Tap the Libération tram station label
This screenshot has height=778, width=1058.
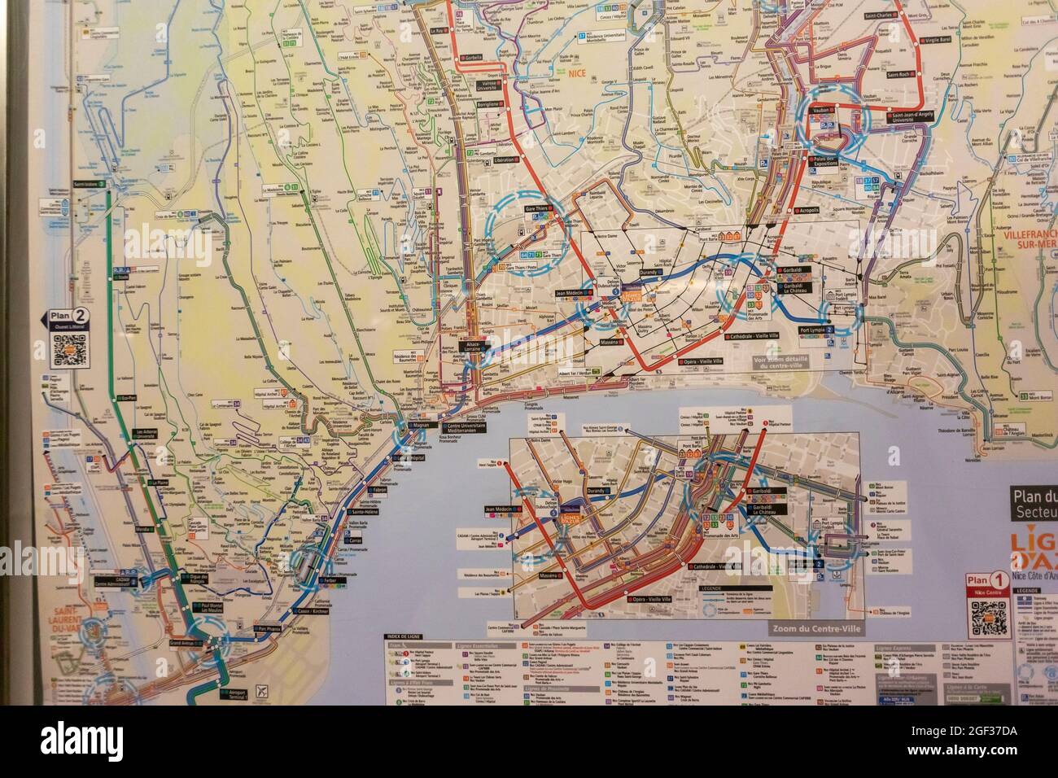(x=512, y=160)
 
